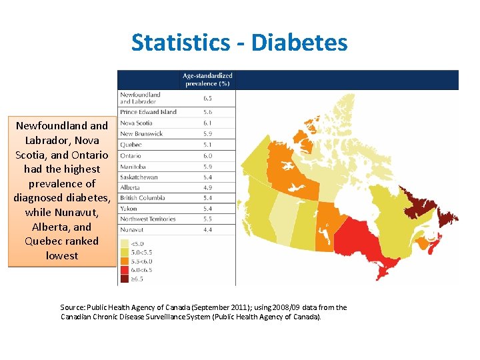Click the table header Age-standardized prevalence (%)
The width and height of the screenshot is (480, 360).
207,79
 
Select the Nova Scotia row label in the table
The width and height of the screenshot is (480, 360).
136,123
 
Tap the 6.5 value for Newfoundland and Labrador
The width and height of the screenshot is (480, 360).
207,98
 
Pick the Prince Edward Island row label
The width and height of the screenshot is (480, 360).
148,112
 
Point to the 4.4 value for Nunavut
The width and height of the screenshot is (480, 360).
207,229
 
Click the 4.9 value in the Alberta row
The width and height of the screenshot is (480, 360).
207,187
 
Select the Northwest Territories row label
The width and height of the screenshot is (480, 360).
148,219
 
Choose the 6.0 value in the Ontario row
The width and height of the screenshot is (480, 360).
207,155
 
